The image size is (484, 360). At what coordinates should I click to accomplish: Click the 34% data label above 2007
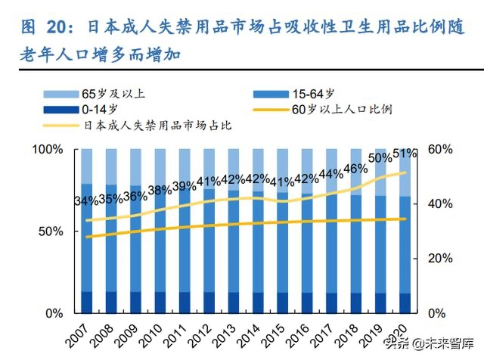(x=86, y=202)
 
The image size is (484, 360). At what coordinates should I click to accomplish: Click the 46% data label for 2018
(x=355, y=169)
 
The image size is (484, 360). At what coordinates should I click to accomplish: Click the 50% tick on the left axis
(x=51, y=231)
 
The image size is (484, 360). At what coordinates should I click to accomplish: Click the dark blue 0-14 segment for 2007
(x=86, y=302)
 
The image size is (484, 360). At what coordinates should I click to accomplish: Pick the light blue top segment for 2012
(x=209, y=163)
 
